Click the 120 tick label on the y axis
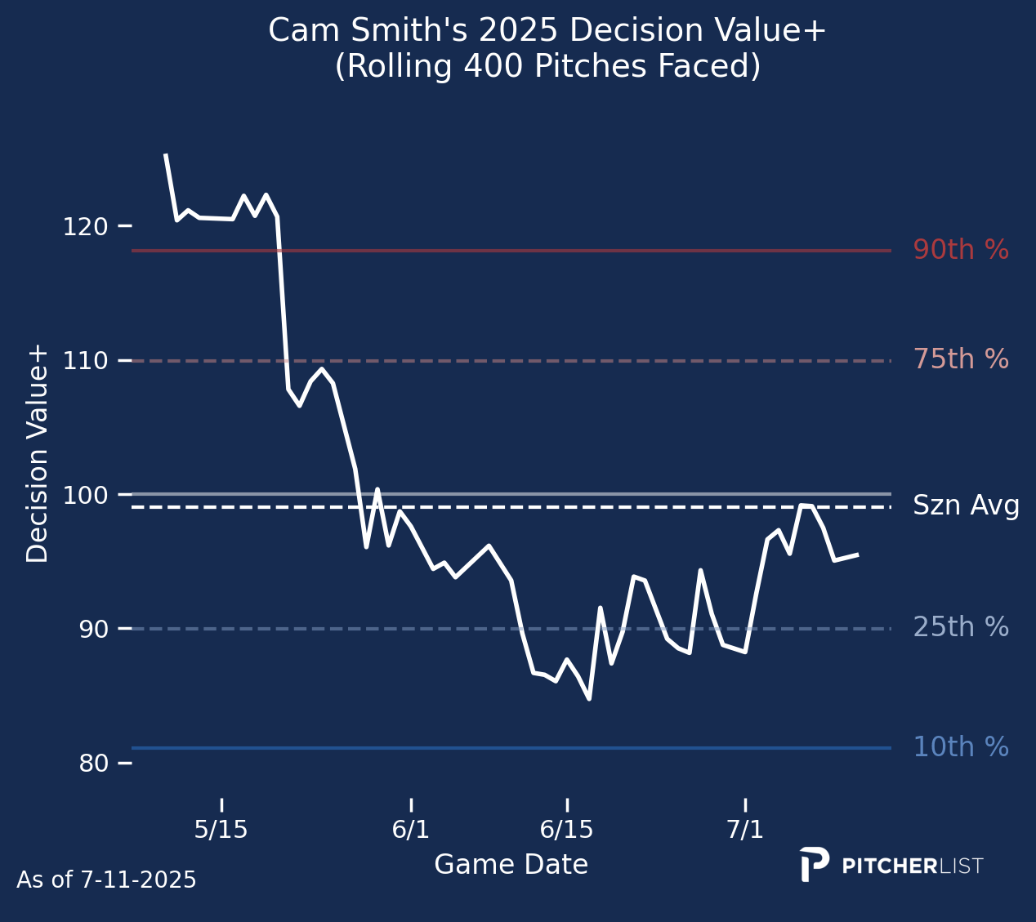point(86,226)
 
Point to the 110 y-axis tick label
point(86,361)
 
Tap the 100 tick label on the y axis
point(86,495)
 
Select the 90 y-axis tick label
point(94,629)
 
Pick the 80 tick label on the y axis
point(94,763)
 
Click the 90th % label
point(961,249)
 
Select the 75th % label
point(961,359)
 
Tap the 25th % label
point(961,626)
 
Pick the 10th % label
point(961,746)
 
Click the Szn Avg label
point(966,506)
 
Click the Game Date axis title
point(511,865)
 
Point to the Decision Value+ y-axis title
point(37,455)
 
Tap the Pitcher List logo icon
point(814,864)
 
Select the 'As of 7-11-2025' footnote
point(106,880)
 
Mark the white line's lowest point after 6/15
point(590,699)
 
